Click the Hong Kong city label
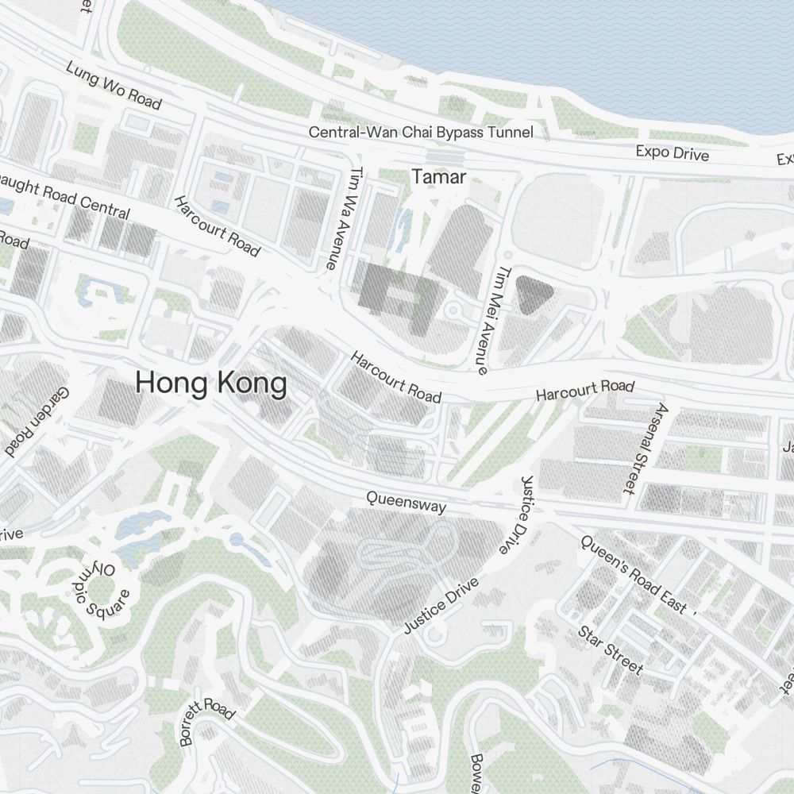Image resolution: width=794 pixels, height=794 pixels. pyautogui.click(x=210, y=384)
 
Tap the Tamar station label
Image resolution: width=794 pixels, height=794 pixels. pyautogui.click(x=438, y=177)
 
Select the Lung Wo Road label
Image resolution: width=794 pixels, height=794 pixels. pyautogui.click(x=114, y=86)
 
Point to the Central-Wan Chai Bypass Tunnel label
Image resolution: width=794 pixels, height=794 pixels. pyautogui.click(x=421, y=133)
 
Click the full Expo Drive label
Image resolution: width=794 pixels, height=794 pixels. pyautogui.click(x=672, y=152)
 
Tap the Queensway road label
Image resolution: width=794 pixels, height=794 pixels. pyautogui.click(x=406, y=501)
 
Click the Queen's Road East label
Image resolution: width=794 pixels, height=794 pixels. pyautogui.click(x=633, y=575)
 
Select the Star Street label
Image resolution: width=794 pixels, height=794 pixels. pyautogui.click(x=611, y=649)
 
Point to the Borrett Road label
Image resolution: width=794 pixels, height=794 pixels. pyautogui.click(x=208, y=721)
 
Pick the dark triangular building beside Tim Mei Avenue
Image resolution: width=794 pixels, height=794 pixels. pyautogui.click(x=534, y=293)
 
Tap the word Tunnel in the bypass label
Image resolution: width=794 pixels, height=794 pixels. pyautogui.click(x=509, y=133)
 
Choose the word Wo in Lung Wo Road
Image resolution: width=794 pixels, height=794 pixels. pyautogui.click(x=109, y=84)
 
